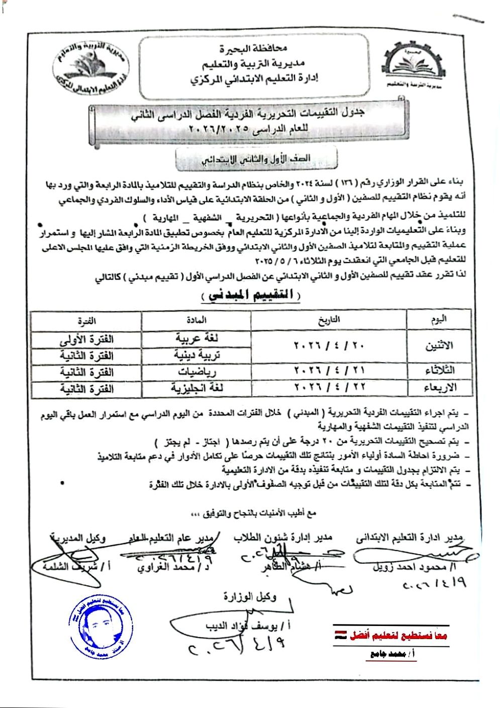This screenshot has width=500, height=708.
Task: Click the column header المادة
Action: click(x=196, y=319)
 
